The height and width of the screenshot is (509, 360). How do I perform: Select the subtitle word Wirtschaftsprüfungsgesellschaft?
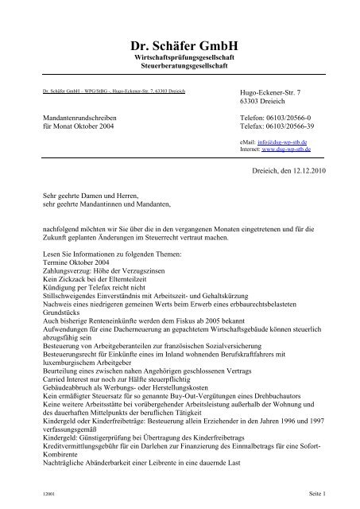tap(180, 60)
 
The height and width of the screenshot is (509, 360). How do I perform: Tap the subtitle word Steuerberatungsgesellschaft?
tap(180, 69)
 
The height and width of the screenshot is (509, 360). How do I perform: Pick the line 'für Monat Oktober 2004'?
tap(78, 126)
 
